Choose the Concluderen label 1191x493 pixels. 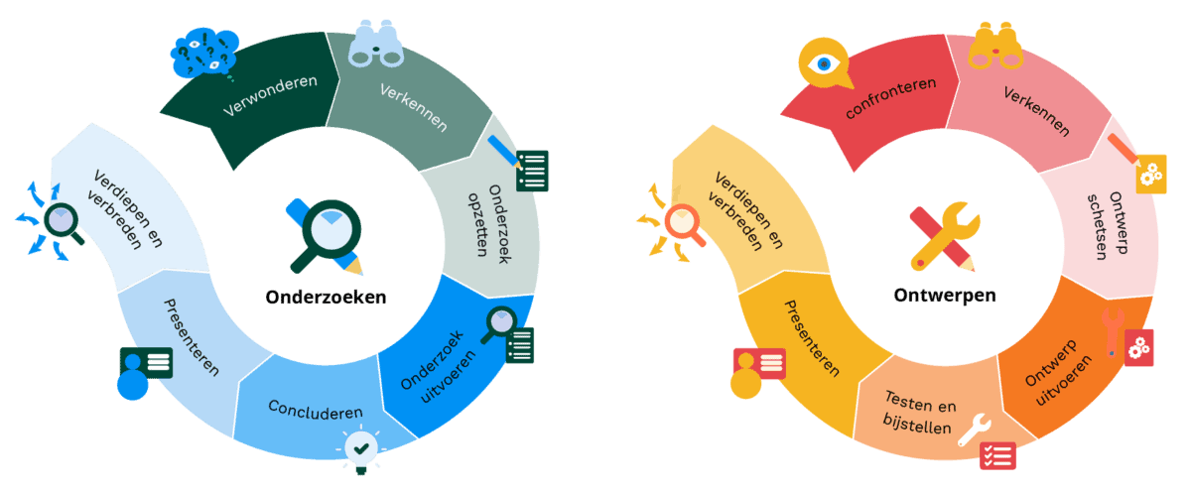coord(315,410)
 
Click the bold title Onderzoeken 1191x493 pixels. coord(326,297)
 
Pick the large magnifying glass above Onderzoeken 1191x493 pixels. coord(326,234)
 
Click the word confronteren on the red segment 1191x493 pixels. coord(890,98)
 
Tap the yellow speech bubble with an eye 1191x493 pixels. coord(824,64)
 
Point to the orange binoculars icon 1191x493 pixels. coord(994,44)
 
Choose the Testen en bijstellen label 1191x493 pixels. coord(919,415)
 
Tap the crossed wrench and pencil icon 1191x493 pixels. coord(944,236)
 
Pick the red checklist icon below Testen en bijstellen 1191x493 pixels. coord(996,455)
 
